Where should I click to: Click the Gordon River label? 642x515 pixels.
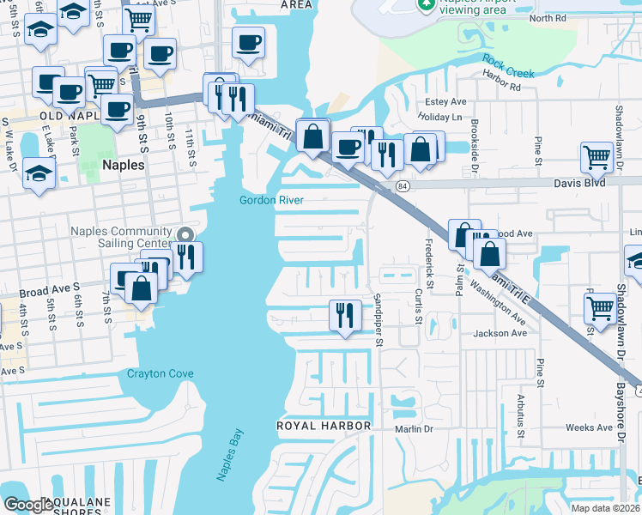coord(273,200)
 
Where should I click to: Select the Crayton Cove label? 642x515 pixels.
coord(160,373)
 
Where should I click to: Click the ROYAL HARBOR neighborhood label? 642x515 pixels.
coord(324,426)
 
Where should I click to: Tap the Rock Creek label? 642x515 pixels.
coord(508,66)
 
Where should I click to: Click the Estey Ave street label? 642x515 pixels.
coord(444,101)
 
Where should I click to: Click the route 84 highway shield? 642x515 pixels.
coord(402,185)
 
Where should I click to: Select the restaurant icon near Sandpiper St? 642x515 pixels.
coord(345,315)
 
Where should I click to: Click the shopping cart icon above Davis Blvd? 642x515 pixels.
coord(597,157)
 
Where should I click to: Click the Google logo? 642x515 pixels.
coord(28,505)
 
